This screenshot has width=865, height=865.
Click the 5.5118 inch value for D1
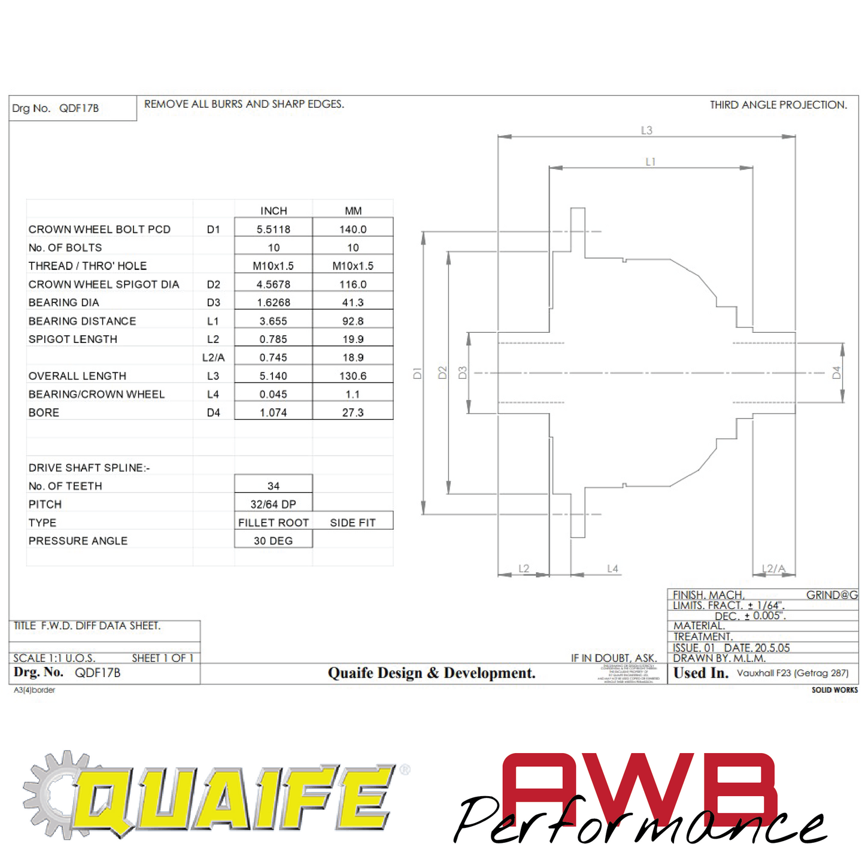(274, 229)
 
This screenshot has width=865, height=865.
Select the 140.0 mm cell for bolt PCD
(353, 229)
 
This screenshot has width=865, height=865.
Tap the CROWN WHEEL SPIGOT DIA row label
(104, 284)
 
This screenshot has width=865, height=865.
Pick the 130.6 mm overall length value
(353, 376)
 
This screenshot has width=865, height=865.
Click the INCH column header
(274, 211)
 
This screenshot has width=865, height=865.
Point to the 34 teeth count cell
(274, 486)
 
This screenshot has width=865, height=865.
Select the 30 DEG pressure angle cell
(274, 541)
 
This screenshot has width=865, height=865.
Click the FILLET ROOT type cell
(274, 523)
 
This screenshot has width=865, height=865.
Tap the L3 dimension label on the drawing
(647, 130)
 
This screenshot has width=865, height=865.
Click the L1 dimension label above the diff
(651, 162)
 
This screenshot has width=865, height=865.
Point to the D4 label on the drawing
(836, 372)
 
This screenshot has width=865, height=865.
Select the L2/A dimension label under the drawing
(773, 569)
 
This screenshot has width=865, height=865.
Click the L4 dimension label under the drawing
(612, 569)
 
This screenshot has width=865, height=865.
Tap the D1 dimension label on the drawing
(418, 373)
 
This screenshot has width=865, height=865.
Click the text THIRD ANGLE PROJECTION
(778, 105)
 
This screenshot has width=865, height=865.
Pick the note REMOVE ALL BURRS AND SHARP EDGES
(244, 104)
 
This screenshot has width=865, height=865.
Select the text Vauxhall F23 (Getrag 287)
(793, 673)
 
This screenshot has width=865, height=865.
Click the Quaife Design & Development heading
(432, 673)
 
